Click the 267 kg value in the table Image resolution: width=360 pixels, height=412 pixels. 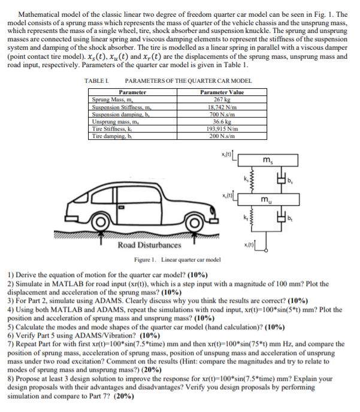(222, 100)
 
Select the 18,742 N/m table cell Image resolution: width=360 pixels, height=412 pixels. (222, 106)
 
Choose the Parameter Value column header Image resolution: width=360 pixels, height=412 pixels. (222, 92)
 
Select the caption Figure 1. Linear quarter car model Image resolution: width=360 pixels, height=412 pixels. (177, 259)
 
